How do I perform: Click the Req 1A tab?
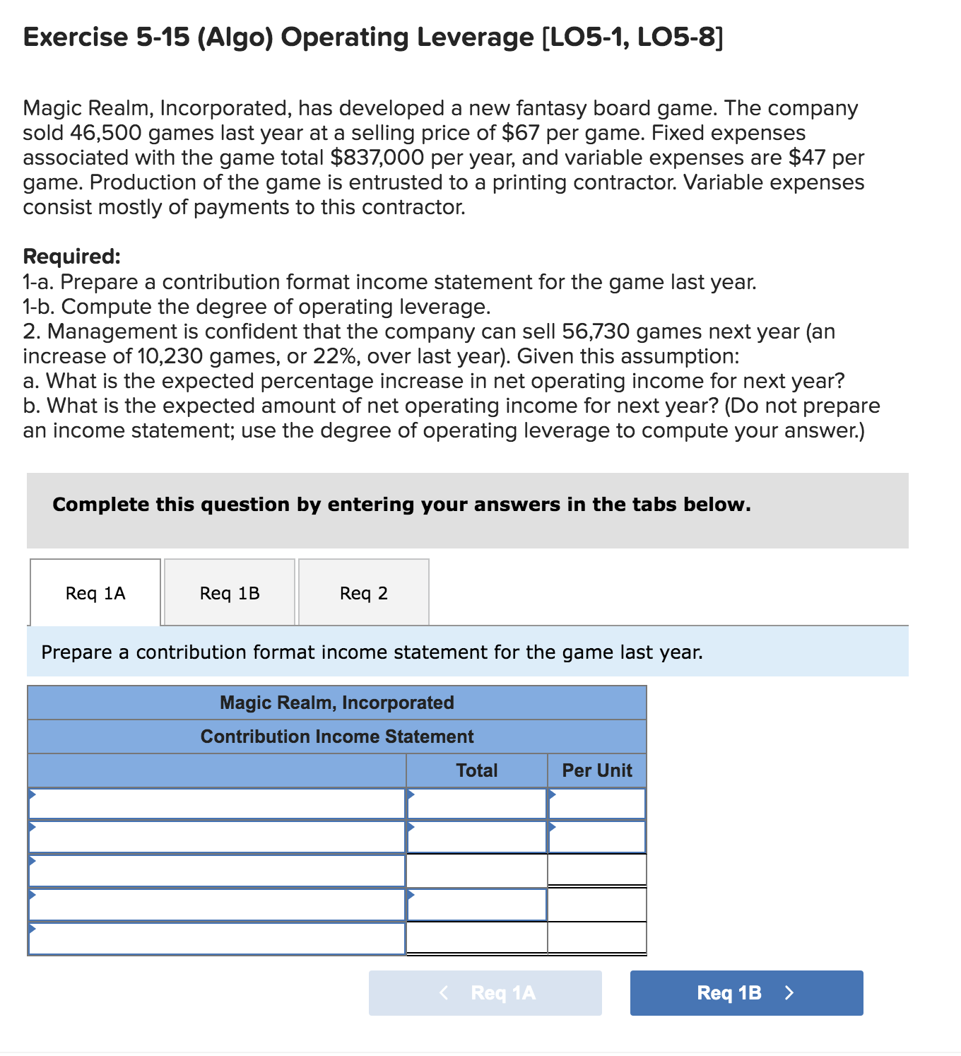click(x=95, y=593)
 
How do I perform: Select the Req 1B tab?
click(x=230, y=593)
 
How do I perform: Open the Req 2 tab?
click(x=363, y=593)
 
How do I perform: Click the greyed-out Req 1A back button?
click(x=485, y=992)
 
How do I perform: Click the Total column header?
click(x=476, y=770)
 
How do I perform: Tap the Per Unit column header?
click(x=596, y=770)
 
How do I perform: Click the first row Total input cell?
click(x=476, y=804)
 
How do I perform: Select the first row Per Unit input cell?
click(x=596, y=804)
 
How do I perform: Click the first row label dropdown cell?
click(x=216, y=804)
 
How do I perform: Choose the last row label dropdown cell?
click(x=216, y=939)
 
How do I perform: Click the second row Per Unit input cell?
click(x=596, y=837)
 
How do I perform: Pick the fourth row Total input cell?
click(x=476, y=905)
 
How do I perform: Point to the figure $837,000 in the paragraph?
click(x=377, y=158)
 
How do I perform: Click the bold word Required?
click(x=72, y=256)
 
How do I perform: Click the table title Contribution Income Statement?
click(x=337, y=737)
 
